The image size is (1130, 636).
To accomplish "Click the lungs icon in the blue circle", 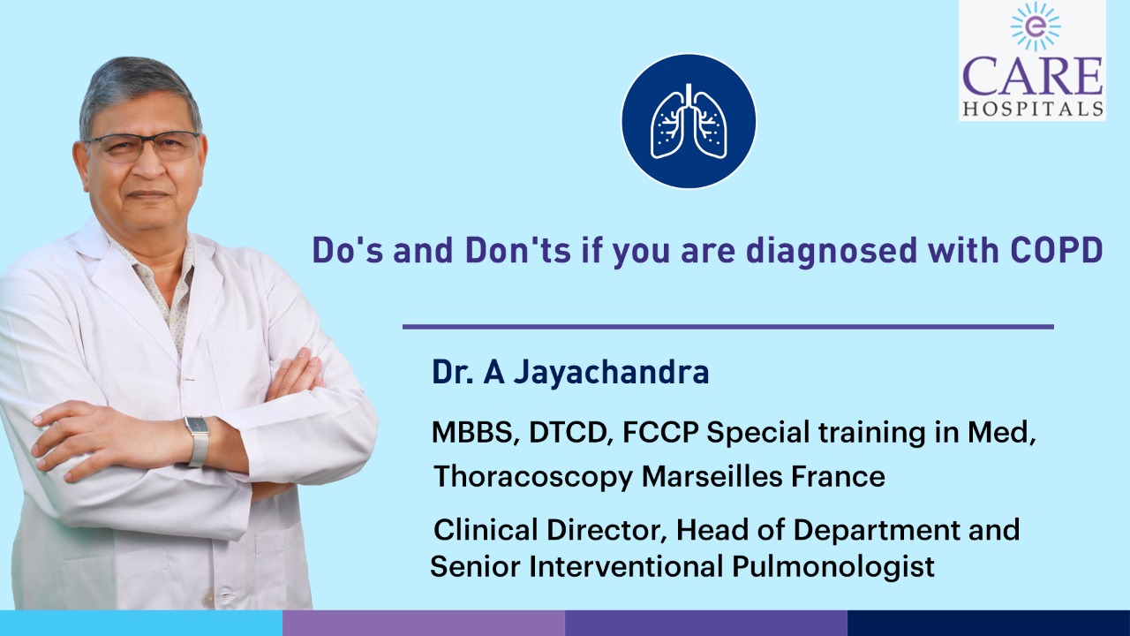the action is (689, 121).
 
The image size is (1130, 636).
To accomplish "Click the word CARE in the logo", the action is (1033, 77).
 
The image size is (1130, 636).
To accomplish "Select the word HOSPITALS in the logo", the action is (1033, 109).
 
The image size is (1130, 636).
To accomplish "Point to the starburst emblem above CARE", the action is (1036, 26).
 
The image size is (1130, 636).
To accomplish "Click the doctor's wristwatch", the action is (197, 441).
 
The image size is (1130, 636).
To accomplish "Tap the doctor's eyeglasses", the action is (142, 146).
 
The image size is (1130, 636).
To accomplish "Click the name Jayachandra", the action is (611, 374).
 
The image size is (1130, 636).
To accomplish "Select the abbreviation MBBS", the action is (471, 433).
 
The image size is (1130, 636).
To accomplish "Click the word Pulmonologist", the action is (832, 566).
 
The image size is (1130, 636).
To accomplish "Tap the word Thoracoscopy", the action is (533, 477).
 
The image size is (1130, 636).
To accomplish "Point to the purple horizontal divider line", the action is (728, 327).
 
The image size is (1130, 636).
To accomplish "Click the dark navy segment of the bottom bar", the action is (989, 623).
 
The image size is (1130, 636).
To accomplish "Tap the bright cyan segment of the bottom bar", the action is (141, 623).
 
